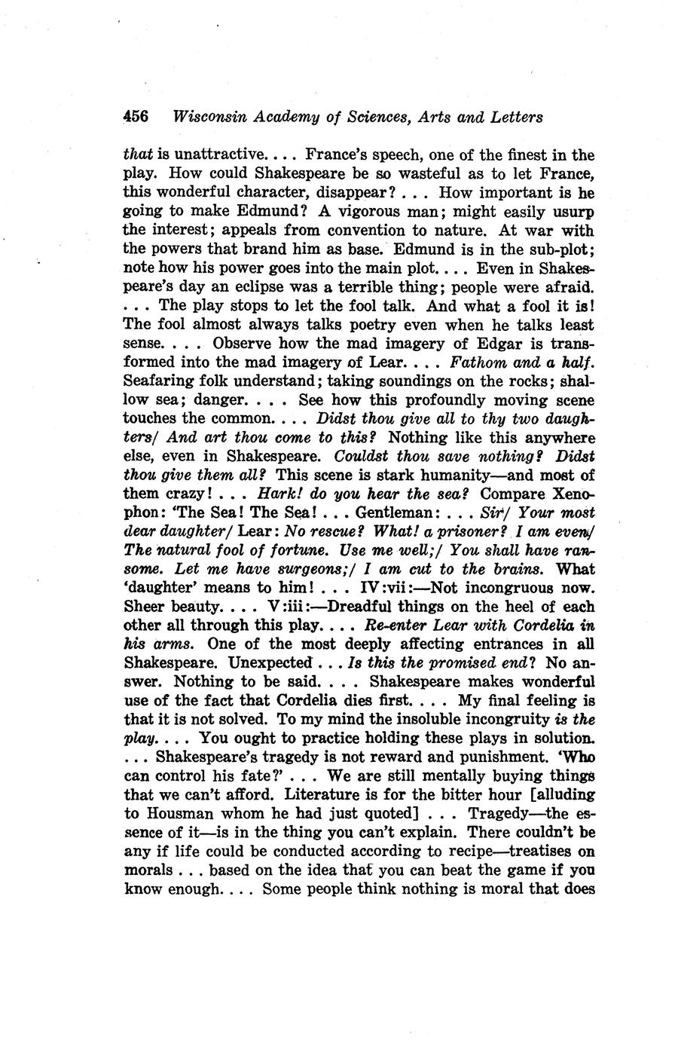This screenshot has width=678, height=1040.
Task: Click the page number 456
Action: click(x=136, y=117)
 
